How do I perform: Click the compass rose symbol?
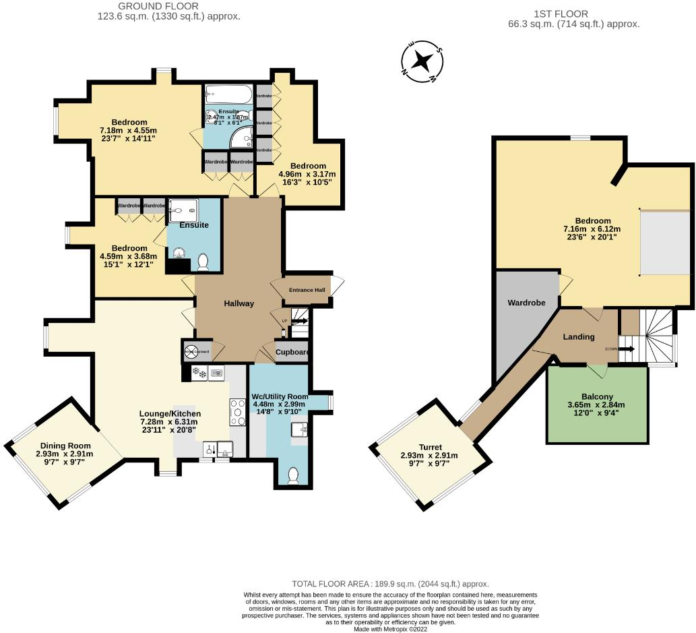tap(422, 61)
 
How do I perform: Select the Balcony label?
tap(597, 396)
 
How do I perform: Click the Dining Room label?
tap(65, 446)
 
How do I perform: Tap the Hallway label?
tap(239, 303)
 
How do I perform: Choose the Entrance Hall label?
tap(307, 290)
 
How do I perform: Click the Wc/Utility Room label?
tap(278, 396)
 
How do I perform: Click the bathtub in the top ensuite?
tap(228, 94)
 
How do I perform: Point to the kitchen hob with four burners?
tap(239, 412)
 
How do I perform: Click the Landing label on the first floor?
tap(579, 337)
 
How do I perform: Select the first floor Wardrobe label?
tap(526, 303)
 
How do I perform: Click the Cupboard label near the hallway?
tap(292, 353)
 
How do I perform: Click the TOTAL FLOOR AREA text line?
tap(390, 584)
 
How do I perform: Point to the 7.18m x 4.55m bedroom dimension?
tap(129, 131)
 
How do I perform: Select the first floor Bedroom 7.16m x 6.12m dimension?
tap(592, 229)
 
